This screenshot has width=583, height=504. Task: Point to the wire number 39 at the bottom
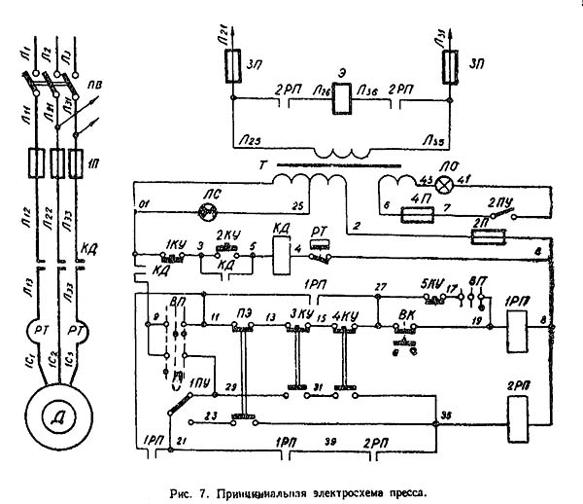[x=328, y=442]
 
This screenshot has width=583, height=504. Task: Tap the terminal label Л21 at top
[x=224, y=34]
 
